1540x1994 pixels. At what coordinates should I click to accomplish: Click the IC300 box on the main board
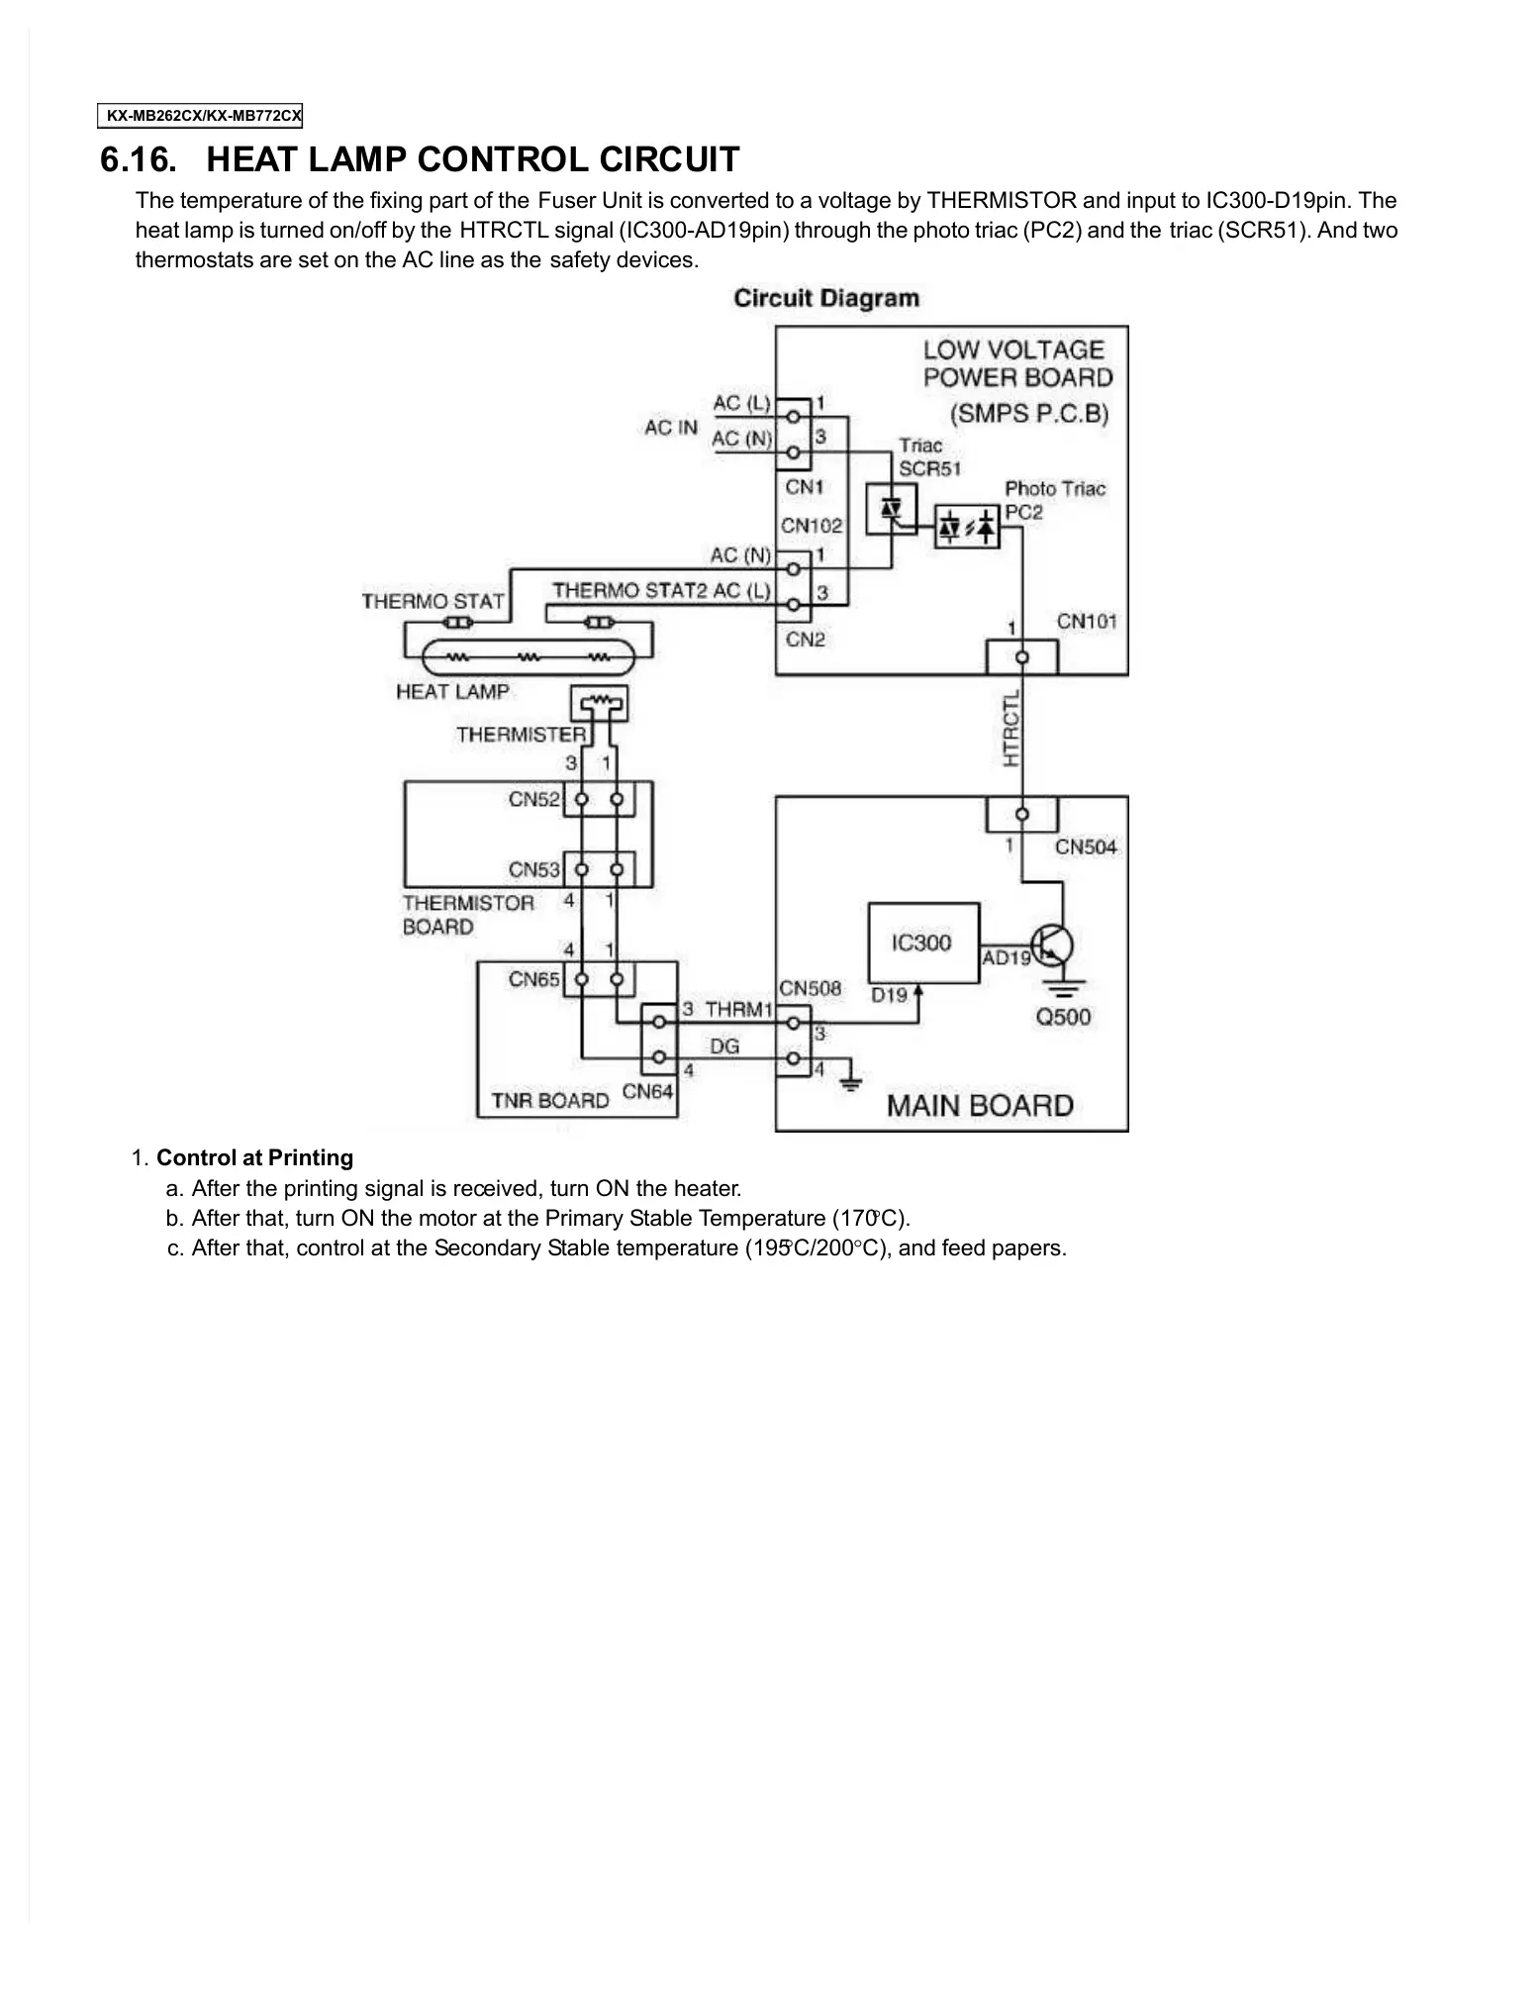click(x=922, y=943)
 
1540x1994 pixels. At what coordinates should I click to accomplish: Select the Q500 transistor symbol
click(x=1051, y=946)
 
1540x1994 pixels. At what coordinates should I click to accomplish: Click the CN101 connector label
click(x=1086, y=622)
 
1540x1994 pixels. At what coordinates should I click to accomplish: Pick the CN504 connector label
click(x=1085, y=847)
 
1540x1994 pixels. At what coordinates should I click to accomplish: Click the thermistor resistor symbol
click(x=599, y=704)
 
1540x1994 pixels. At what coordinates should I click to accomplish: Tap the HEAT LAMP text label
click(x=452, y=692)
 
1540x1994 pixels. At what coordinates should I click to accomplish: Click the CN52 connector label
click(x=534, y=799)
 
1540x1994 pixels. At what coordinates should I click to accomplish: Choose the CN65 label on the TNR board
click(x=534, y=979)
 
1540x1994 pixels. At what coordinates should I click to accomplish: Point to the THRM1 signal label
click(x=738, y=1009)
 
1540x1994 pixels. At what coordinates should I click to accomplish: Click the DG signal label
click(x=724, y=1046)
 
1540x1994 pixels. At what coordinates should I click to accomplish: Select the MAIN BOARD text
click(x=979, y=1105)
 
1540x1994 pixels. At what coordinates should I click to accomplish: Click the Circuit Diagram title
click(x=826, y=298)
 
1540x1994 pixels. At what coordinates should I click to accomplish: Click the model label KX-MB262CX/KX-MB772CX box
click(x=201, y=116)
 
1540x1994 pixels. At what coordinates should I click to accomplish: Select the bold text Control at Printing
click(x=254, y=1157)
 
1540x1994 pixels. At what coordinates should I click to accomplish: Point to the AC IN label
click(x=671, y=428)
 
